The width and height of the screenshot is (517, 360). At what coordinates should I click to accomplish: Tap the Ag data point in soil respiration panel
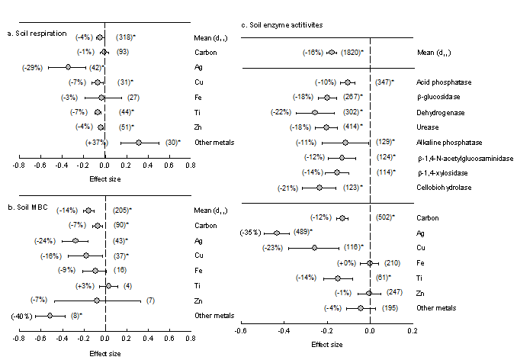point(68,67)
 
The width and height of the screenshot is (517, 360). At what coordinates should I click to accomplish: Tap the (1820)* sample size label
point(352,53)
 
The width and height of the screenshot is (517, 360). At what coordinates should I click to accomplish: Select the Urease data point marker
point(326,127)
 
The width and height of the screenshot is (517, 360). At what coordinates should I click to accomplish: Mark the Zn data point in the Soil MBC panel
point(97,300)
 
